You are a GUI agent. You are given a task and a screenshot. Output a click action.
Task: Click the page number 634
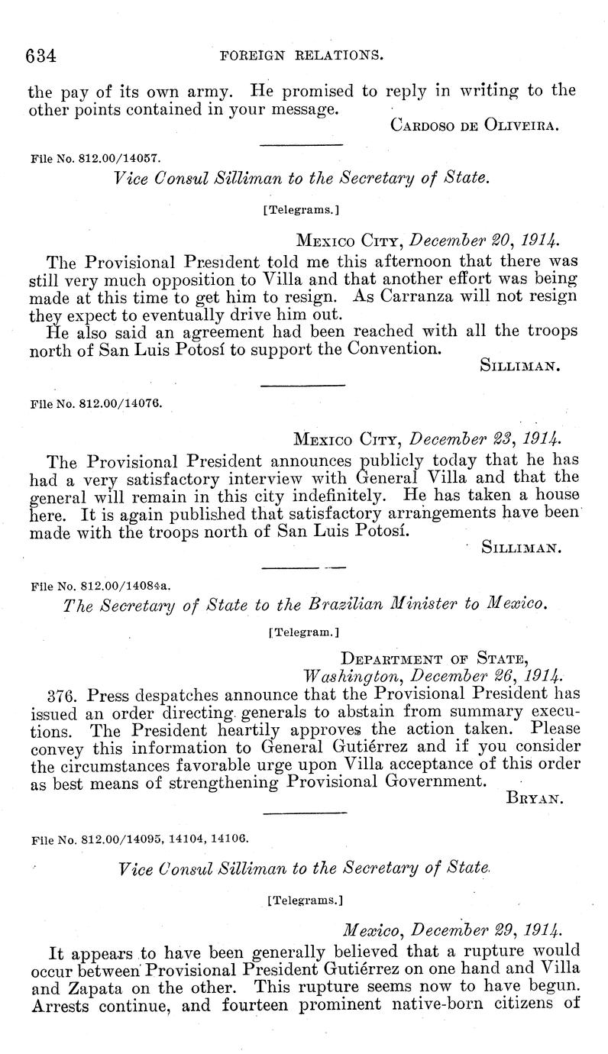click(x=43, y=56)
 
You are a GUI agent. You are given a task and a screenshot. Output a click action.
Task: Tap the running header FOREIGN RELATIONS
click(x=301, y=56)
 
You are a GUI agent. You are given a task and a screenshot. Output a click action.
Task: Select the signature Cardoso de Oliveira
click(x=475, y=125)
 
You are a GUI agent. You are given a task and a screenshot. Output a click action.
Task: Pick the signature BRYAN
click(x=534, y=800)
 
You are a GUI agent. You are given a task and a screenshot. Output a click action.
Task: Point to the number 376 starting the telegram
click(x=60, y=697)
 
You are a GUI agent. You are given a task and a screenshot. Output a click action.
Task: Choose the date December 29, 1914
click(x=452, y=931)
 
